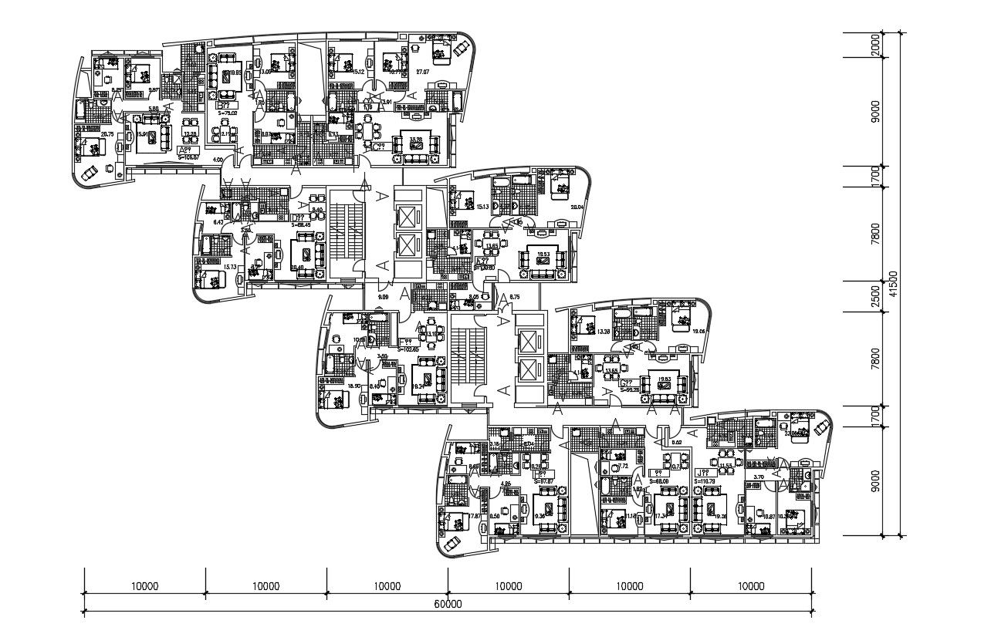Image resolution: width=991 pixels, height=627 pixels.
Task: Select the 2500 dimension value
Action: tap(875, 296)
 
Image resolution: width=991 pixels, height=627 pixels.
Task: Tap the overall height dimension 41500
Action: tap(892, 283)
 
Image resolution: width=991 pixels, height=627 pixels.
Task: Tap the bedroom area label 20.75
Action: tap(107, 134)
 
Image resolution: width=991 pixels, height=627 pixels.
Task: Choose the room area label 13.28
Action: tap(604, 332)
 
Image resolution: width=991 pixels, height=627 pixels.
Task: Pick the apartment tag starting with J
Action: tap(702, 472)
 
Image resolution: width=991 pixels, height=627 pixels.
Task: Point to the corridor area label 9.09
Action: tap(383, 297)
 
